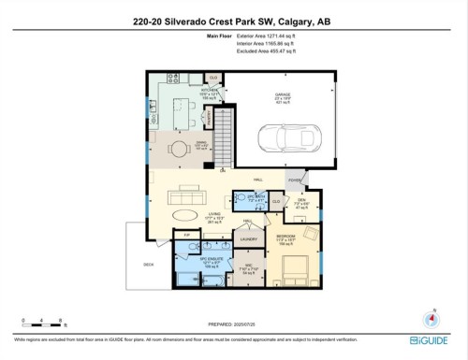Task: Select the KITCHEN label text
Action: [x=183, y=91]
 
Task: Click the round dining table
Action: [x=178, y=146]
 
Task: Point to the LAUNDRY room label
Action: [x=249, y=239]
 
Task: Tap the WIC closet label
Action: [x=248, y=264]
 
